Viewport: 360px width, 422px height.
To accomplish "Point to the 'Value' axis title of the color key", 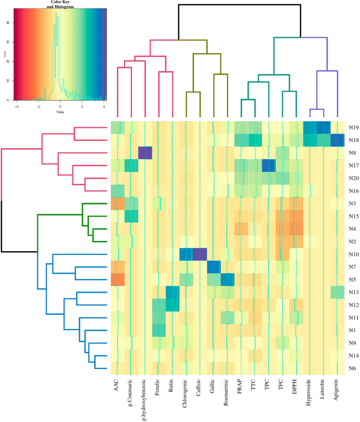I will (x=60, y=111).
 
